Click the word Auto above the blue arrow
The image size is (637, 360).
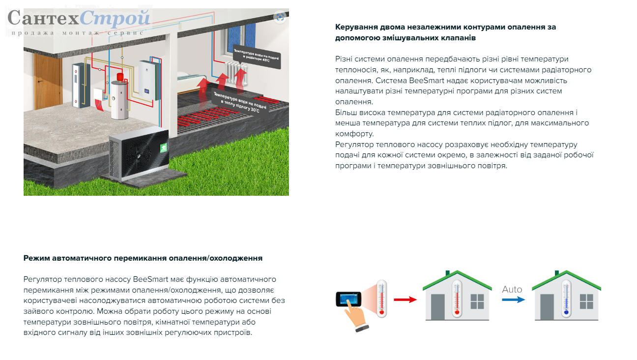pos(512,289)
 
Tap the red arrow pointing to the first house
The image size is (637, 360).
pos(405,300)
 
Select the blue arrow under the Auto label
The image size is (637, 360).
pos(513,300)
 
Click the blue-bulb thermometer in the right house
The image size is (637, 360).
pos(566,299)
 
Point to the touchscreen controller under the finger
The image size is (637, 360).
pos(348,299)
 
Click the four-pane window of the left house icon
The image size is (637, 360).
pos(477,301)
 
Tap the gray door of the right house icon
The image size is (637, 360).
pos(547,307)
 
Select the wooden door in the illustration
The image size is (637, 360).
pos(48,81)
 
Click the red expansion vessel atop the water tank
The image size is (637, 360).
pos(120,76)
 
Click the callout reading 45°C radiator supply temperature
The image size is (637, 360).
pos(257,57)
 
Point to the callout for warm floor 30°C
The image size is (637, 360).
pos(240,103)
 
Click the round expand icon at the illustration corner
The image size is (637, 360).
pos(280,17)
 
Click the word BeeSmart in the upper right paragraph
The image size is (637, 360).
pos(427,81)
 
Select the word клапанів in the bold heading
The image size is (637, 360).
pos(458,38)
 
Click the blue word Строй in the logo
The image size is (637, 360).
pos(115,18)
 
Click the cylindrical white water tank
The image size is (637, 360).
pos(119,100)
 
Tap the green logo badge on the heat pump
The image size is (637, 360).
pos(164,148)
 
